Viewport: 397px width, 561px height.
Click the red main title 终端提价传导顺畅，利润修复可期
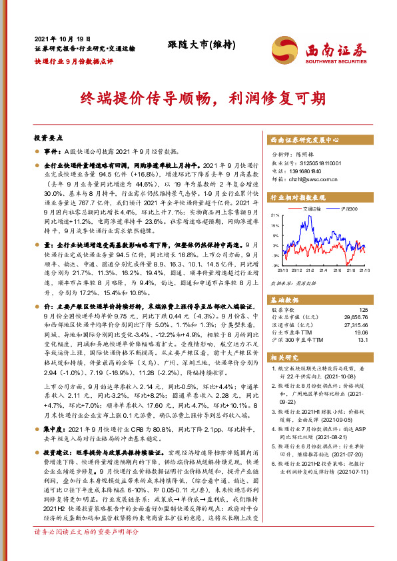pos(198,97)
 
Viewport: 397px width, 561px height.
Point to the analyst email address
pos(304,179)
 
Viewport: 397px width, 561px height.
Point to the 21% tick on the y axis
pos(274,215)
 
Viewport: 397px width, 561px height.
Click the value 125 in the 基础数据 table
pos(362,310)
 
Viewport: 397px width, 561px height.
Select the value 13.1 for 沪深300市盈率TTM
pos(362,339)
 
